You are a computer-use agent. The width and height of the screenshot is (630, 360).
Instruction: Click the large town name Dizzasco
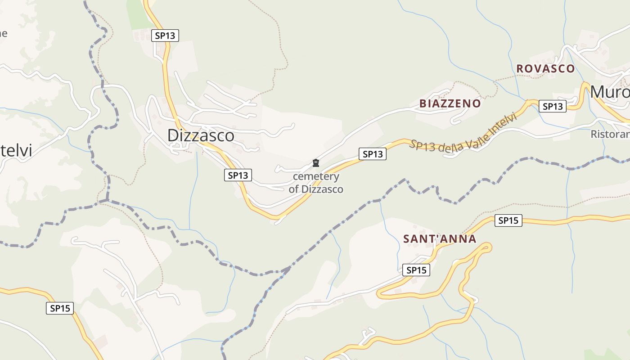click(201, 135)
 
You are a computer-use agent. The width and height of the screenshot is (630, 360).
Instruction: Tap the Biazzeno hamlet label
click(450, 103)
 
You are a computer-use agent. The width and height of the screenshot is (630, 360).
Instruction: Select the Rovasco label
click(545, 68)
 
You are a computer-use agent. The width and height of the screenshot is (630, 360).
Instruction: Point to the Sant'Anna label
click(439, 238)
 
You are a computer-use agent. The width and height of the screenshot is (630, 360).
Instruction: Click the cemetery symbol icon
click(316, 163)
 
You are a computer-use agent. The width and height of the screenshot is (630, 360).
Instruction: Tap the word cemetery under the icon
click(316, 176)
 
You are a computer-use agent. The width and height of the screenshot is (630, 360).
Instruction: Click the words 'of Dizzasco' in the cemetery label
click(316, 189)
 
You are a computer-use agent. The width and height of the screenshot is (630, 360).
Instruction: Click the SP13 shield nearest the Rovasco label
click(553, 107)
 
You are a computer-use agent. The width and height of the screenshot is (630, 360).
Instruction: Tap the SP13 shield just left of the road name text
click(372, 154)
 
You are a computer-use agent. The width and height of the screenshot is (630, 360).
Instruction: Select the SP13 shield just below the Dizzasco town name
click(238, 175)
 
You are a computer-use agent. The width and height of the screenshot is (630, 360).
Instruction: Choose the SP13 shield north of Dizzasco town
click(165, 36)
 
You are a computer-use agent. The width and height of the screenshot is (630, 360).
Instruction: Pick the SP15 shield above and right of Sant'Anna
click(508, 220)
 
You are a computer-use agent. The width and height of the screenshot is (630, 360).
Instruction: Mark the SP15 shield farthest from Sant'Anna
click(60, 308)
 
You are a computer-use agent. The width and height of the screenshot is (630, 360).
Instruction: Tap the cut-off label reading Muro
click(610, 92)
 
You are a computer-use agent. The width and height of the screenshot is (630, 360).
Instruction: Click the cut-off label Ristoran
click(610, 134)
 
